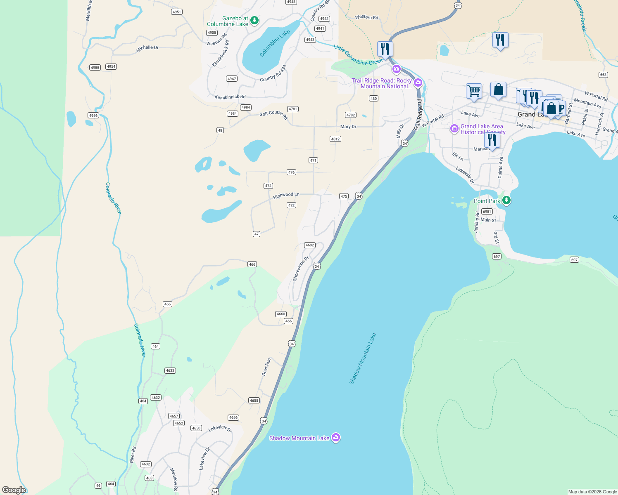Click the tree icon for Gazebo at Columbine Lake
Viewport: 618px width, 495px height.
tap(254, 20)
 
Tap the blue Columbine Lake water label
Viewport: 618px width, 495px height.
tap(275, 43)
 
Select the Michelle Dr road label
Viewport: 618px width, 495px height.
tap(147, 48)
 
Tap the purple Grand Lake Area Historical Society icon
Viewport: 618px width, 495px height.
tap(454, 129)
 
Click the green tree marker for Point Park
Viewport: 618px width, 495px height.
tap(506, 200)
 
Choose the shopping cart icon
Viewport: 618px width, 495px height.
tap(474, 91)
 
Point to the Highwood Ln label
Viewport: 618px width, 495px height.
tap(286, 195)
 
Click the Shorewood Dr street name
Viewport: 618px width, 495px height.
tap(301, 269)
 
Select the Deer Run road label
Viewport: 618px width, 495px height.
tap(266, 367)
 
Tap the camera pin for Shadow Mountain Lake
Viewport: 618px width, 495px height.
tap(336, 437)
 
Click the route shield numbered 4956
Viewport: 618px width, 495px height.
tap(93, 115)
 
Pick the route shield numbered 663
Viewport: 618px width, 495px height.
tap(603, 75)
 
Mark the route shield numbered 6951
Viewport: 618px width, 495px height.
tap(487, 211)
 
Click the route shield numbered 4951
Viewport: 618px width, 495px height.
tap(177, 12)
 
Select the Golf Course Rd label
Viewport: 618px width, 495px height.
tap(273, 115)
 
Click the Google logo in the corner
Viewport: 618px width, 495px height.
tap(14, 490)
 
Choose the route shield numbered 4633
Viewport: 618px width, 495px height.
tap(170, 370)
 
